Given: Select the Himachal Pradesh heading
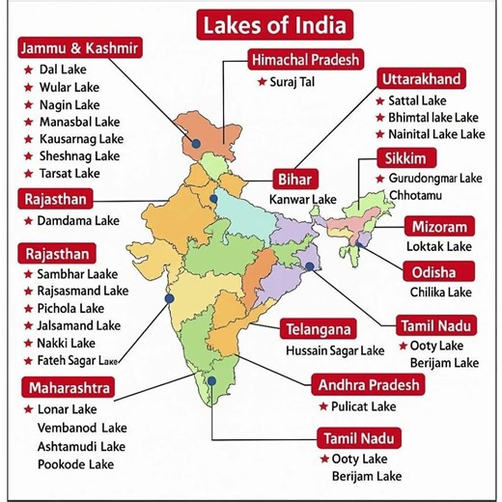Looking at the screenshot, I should pyautogui.click(x=305, y=60).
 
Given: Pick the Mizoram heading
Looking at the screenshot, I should pyautogui.click(x=440, y=227).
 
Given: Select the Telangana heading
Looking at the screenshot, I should pyautogui.click(x=318, y=329).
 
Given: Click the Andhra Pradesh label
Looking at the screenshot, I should pyautogui.click(x=370, y=385).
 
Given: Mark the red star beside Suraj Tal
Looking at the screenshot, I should pyautogui.click(x=261, y=81).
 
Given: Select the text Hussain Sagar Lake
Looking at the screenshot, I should pyautogui.click(x=335, y=350).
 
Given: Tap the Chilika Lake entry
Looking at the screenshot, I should pyautogui.click(x=440, y=292).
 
